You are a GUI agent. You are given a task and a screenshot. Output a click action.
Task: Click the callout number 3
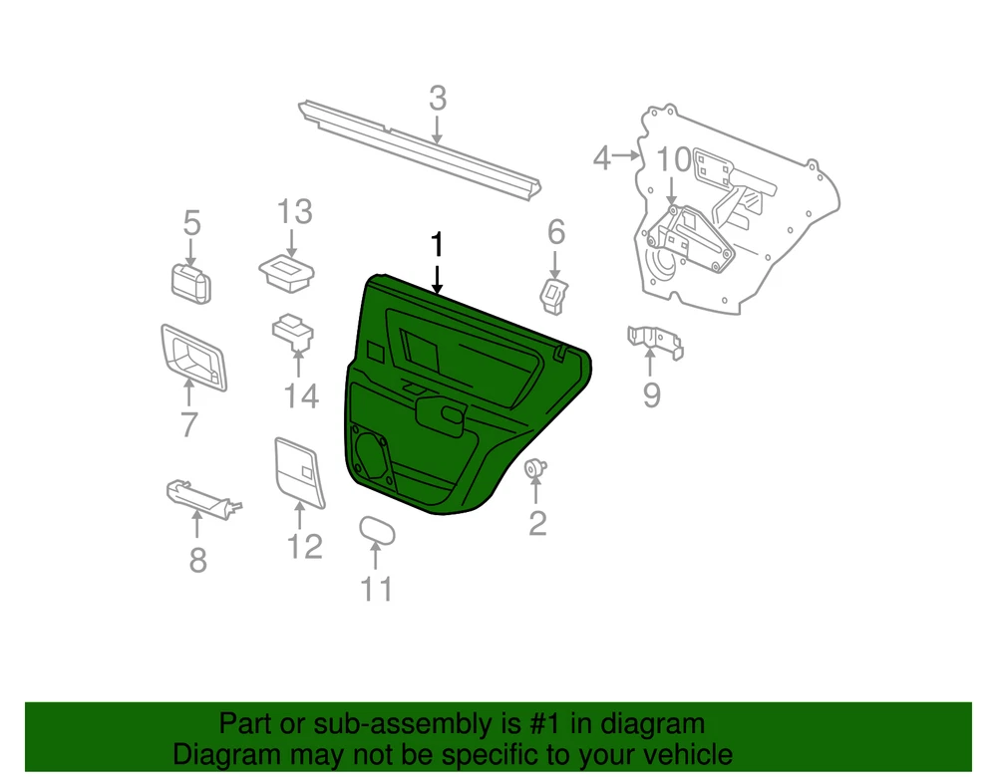tap(438, 99)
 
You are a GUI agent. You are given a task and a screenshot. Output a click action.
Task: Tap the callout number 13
tap(294, 212)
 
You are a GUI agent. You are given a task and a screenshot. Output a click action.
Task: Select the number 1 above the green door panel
tap(437, 245)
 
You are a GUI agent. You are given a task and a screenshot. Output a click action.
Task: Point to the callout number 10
tap(673, 160)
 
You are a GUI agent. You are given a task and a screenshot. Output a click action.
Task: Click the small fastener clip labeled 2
tap(534, 469)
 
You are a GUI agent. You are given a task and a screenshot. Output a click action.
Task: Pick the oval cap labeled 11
tap(377, 531)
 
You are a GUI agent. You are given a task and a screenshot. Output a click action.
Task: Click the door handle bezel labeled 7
tap(193, 359)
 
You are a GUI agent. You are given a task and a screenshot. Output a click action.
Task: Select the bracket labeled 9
tap(655, 342)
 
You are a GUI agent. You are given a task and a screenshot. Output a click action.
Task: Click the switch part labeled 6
tap(553, 296)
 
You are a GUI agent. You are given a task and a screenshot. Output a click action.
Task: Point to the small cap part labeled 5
tap(190, 284)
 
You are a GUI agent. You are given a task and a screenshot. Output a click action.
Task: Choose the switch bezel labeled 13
tap(287, 273)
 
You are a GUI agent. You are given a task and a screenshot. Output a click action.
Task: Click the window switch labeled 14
tap(293, 331)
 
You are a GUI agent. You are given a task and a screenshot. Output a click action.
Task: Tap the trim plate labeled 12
tap(299, 472)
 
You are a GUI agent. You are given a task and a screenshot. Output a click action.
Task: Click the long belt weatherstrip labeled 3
tap(420, 149)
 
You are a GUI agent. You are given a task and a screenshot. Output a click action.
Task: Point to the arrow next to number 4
tap(626, 155)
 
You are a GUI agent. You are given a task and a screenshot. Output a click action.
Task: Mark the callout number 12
tap(305, 546)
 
